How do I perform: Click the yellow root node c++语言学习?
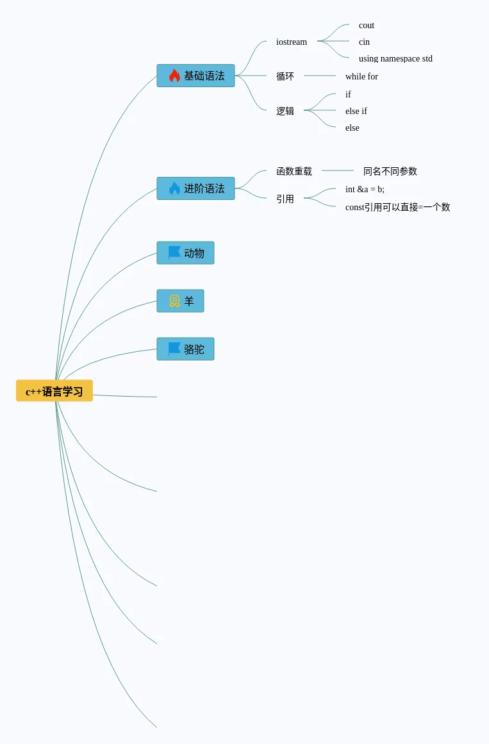click(54, 391)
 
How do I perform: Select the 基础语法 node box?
click(195, 76)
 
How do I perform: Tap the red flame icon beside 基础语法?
click(174, 76)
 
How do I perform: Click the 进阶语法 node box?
click(195, 188)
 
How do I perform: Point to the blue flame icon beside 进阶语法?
click(174, 188)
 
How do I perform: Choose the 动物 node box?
click(185, 253)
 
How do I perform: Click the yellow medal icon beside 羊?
click(174, 301)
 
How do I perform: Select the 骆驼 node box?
click(185, 349)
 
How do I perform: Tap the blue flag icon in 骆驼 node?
click(174, 349)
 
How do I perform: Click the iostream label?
click(292, 42)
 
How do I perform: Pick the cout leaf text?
click(367, 25)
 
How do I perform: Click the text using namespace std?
click(395, 58)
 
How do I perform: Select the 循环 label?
click(285, 76)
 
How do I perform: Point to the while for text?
click(361, 76)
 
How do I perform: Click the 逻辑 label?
click(285, 111)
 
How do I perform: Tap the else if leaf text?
click(356, 111)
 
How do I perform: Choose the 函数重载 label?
click(294, 171)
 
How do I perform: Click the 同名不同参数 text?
click(390, 171)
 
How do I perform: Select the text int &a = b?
click(365, 189)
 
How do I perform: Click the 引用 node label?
click(285, 199)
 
